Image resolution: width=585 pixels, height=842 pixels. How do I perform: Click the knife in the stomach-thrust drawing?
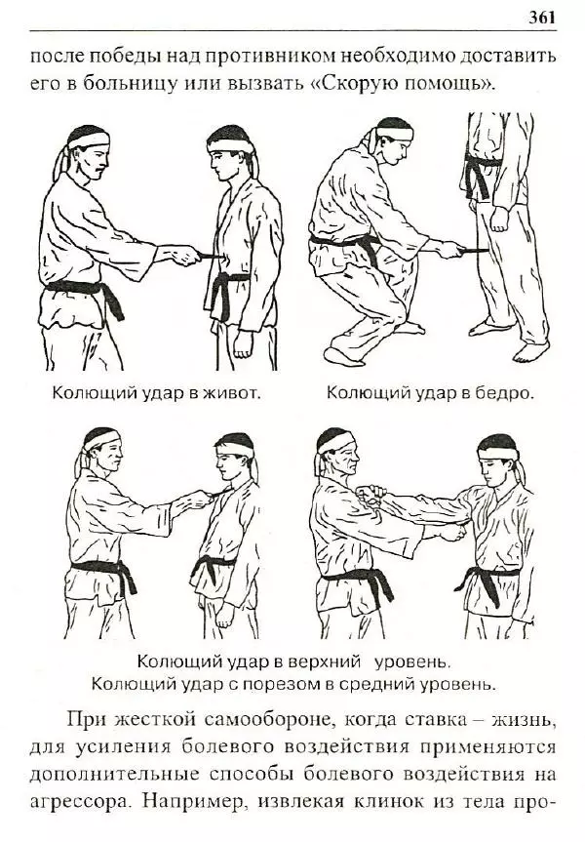pos(209,256)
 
